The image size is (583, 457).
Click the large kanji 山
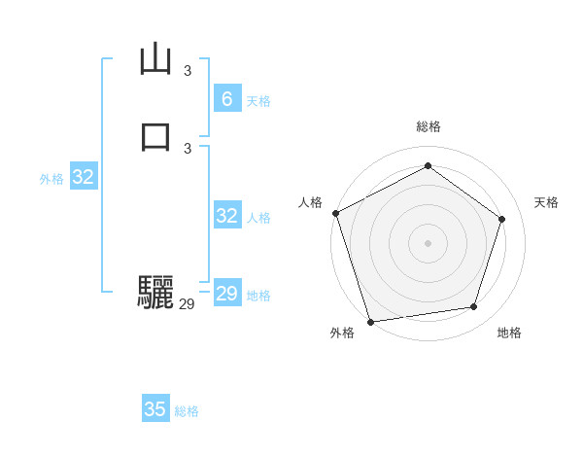click(x=155, y=60)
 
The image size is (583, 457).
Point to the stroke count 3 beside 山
click(x=188, y=71)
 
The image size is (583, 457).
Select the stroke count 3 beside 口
click(x=188, y=148)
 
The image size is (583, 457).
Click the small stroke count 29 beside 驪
click(x=188, y=304)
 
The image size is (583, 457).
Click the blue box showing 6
click(x=226, y=99)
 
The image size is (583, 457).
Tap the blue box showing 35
click(x=155, y=409)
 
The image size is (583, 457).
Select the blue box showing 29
click(x=226, y=294)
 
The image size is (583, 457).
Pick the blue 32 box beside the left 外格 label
click(x=84, y=177)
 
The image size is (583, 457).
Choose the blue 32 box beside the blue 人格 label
click(x=226, y=216)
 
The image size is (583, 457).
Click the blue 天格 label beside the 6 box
click(x=258, y=101)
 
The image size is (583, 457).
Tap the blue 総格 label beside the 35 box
click(x=187, y=411)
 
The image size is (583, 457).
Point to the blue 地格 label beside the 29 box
click(x=258, y=296)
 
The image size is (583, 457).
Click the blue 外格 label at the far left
click(x=51, y=179)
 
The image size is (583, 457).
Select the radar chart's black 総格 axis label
click(x=428, y=126)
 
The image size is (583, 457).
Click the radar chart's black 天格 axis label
click(x=546, y=202)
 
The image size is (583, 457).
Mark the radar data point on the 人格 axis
click(x=335, y=213)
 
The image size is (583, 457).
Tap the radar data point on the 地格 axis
click(x=474, y=307)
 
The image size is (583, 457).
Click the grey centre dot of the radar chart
click(x=428, y=242)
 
